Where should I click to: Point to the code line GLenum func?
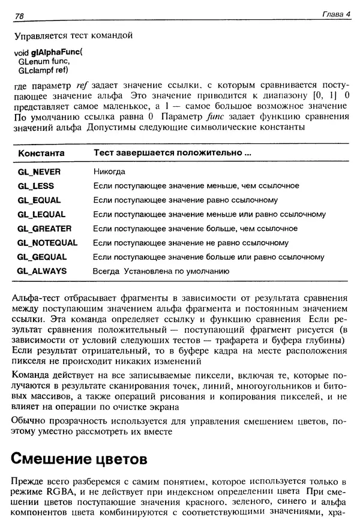tap(44, 61)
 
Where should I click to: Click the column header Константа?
tap(41, 154)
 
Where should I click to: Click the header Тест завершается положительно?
tap(172, 154)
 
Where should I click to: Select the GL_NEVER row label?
tap(40, 172)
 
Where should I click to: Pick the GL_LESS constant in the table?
tap(36, 186)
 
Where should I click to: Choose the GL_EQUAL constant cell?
tap(39, 200)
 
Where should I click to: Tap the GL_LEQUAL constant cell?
tap(41, 214)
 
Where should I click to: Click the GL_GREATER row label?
tap(44, 229)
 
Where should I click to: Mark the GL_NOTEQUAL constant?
tap(47, 243)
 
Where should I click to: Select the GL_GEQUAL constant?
tap(42, 257)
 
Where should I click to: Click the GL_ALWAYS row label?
tap(42, 271)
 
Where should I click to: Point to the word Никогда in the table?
tap(109, 172)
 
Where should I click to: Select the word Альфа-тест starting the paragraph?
tap(36, 297)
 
